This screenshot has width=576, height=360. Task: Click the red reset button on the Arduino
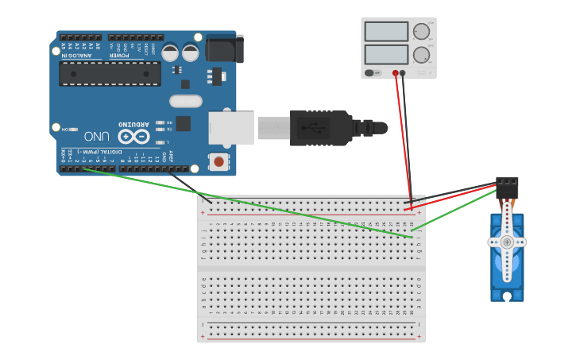(x=218, y=162)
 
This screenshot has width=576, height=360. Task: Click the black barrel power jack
(x=225, y=48)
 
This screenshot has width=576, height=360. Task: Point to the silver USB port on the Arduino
(x=231, y=128)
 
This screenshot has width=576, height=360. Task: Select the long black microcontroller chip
(x=110, y=74)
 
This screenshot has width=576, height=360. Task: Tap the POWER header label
(x=118, y=55)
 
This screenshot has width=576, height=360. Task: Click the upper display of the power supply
(x=386, y=31)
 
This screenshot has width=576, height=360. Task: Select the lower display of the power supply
(x=386, y=55)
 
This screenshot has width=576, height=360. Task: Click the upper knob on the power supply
(x=421, y=32)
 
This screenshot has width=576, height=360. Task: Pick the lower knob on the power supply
(x=421, y=55)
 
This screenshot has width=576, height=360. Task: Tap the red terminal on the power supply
(x=395, y=73)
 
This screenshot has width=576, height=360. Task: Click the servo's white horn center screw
(x=507, y=242)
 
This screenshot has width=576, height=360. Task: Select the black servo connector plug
(x=507, y=186)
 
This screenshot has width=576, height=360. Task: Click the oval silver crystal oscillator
(x=185, y=101)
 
